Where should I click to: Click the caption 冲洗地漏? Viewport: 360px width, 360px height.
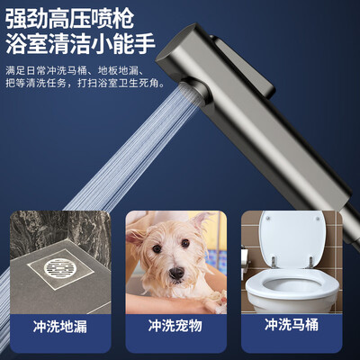click(62, 324)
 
